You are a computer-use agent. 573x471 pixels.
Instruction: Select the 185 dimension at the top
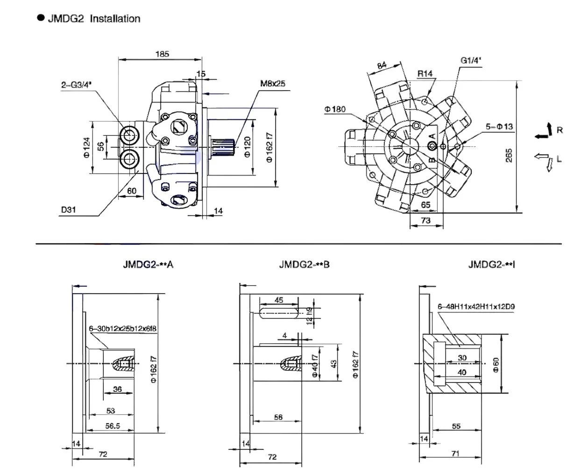click(162, 54)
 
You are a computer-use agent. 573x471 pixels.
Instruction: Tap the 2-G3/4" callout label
click(77, 85)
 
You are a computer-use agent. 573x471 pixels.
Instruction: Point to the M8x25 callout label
click(273, 84)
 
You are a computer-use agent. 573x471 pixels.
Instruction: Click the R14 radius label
click(425, 73)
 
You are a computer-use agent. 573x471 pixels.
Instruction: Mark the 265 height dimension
click(509, 155)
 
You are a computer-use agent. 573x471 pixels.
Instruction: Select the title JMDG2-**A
click(148, 265)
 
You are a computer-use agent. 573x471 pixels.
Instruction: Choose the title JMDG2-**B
click(304, 265)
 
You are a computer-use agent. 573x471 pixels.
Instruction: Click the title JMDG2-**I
click(492, 265)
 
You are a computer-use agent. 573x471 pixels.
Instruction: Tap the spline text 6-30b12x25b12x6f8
click(122, 329)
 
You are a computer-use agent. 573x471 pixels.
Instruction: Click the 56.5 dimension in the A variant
click(110, 427)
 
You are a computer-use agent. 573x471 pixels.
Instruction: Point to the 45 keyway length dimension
click(279, 301)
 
